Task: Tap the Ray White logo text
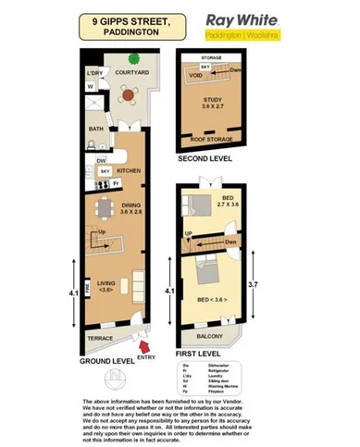[233, 20]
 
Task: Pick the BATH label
[96, 130]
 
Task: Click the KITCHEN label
[129, 170]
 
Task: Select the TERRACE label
[99, 340]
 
